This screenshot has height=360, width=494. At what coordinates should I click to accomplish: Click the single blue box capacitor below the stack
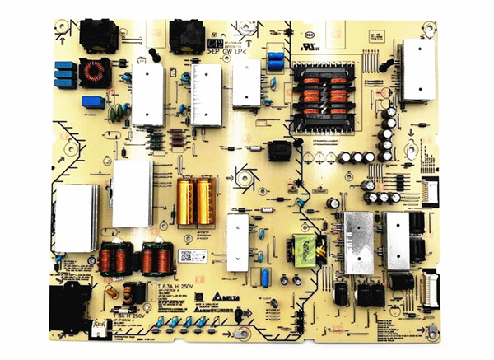93,103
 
